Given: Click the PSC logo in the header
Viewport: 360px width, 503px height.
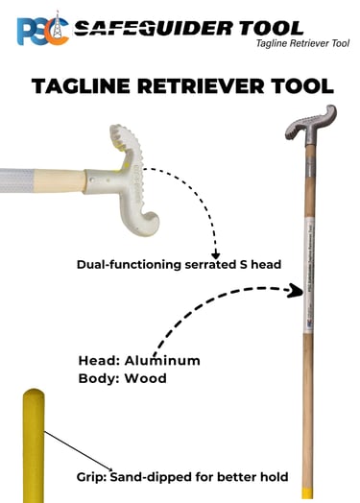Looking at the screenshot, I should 39,28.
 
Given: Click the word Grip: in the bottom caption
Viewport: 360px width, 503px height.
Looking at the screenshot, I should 94,477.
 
